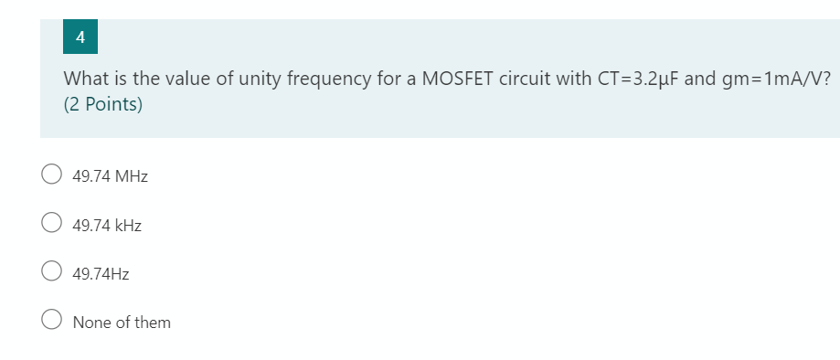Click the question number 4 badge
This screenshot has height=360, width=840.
[x=81, y=37]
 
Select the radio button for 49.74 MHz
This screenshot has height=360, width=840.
[x=51, y=175]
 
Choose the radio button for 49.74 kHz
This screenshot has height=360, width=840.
[x=51, y=224]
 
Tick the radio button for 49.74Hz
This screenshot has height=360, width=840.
[x=51, y=272]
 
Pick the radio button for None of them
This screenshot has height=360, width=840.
[x=51, y=322]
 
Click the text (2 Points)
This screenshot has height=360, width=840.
[x=103, y=104]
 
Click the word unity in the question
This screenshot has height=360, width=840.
[x=261, y=78]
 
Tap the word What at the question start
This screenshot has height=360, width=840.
[x=85, y=78]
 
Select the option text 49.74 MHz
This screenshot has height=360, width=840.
[x=110, y=175]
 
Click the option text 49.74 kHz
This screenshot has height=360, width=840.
[x=107, y=224]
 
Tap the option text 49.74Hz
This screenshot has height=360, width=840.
[x=101, y=272]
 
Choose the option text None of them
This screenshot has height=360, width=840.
[x=122, y=322]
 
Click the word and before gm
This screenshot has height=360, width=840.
[x=700, y=78]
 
